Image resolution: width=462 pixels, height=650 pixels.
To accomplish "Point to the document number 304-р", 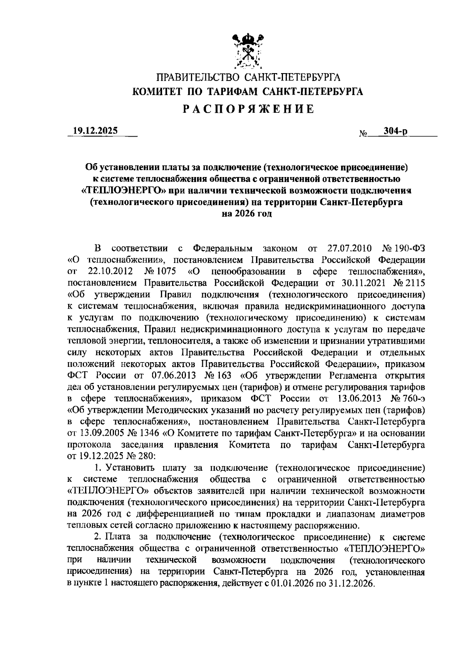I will coord(393,132).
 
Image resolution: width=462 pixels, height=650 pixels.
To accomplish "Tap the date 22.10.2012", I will coord(110,271).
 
